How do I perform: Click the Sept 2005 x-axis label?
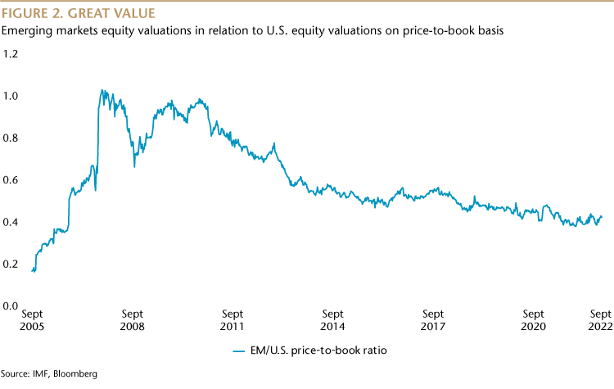pyautogui.click(x=32, y=320)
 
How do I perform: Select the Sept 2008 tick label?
pyautogui.click(x=133, y=320)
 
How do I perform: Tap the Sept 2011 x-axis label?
pyautogui.click(x=233, y=320)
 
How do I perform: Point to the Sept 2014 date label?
pyautogui.click(x=333, y=320)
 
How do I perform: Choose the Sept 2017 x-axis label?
pyautogui.click(x=434, y=320)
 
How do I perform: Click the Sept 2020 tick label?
pyautogui.click(x=534, y=320)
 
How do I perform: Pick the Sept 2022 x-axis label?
pyautogui.click(x=600, y=320)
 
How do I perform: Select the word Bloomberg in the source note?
pyautogui.click(x=75, y=373)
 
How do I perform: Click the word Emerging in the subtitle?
pyautogui.click(x=26, y=31)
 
